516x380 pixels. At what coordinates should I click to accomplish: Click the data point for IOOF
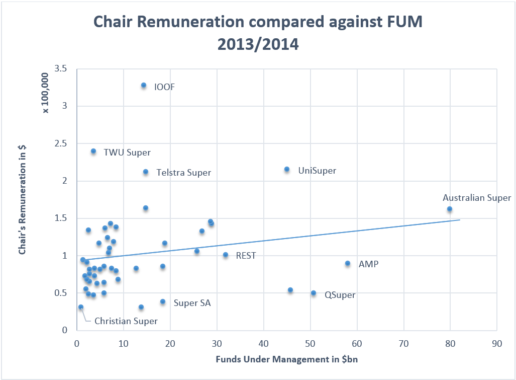[144, 86]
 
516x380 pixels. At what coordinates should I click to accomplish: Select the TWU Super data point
[93, 151]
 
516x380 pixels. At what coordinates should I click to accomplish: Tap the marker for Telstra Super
[146, 172]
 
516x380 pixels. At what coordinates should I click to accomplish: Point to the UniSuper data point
[287, 170]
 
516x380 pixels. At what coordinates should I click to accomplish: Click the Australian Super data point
[450, 209]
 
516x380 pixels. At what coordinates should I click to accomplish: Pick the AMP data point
[348, 263]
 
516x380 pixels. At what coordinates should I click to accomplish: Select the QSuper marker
[314, 293]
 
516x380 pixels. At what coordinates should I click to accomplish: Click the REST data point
[226, 255]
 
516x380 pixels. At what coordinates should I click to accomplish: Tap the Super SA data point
[163, 302]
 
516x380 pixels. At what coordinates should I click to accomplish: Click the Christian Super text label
[126, 321]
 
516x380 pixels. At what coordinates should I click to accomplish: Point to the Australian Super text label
[476, 198]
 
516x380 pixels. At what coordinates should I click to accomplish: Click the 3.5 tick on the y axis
[61, 68]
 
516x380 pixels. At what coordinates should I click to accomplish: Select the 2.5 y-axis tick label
[61, 143]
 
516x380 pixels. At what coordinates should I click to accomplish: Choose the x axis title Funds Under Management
[286, 359]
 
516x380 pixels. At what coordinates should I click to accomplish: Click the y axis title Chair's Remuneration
[22, 199]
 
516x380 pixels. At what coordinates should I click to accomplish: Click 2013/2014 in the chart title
[258, 44]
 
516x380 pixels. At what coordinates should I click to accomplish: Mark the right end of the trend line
[460, 219]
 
